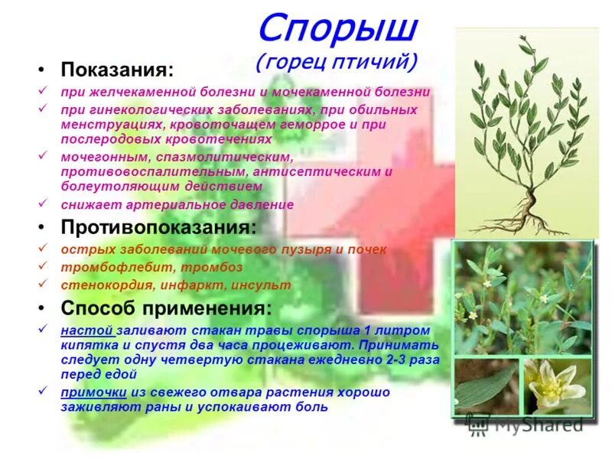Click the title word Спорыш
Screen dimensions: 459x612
[337, 29]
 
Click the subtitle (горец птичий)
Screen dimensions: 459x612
[337, 61]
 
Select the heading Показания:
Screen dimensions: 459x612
[117, 70]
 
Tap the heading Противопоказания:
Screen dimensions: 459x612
[158, 228]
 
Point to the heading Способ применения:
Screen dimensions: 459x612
[166, 309]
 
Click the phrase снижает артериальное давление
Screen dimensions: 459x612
[177, 204]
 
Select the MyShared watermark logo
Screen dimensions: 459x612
[528, 423]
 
